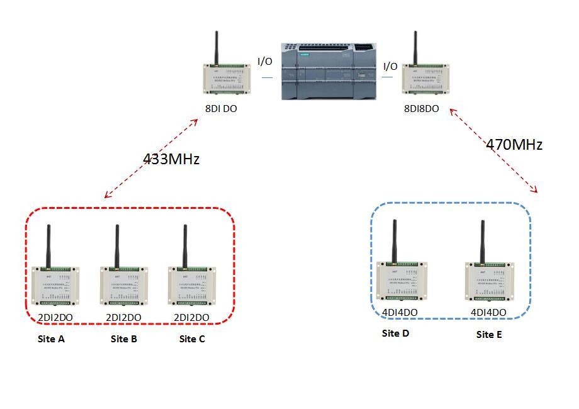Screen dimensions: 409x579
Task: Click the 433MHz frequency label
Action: (x=171, y=159)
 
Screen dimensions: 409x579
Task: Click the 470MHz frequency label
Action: (x=514, y=145)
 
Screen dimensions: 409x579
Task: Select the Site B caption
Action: (x=123, y=340)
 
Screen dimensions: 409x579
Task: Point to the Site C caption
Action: (x=192, y=340)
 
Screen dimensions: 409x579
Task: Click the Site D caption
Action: (x=395, y=333)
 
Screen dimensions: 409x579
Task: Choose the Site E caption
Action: (x=489, y=335)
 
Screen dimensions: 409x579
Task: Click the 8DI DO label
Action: (x=221, y=109)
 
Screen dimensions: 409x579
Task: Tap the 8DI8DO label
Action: (x=421, y=109)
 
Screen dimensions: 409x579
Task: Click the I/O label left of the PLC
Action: (x=265, y=62)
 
